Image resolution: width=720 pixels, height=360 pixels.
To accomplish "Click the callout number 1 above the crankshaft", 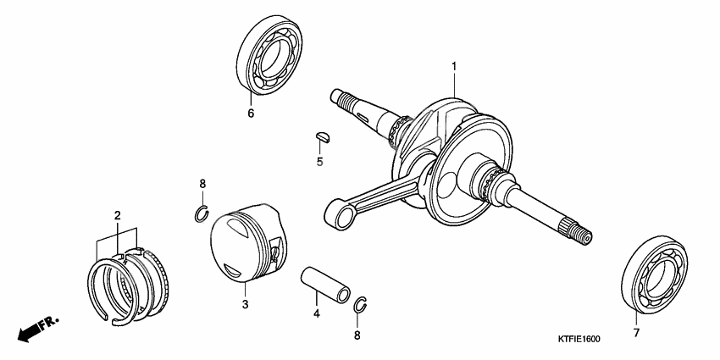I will coord(454,66).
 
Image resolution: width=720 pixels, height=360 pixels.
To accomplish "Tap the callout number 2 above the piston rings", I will coord(118,216).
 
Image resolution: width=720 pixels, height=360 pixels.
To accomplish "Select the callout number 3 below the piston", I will coord(245,304).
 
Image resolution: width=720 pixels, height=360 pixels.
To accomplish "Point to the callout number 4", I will coord(317,315).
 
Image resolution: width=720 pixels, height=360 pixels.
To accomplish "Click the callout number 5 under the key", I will coord(319,161).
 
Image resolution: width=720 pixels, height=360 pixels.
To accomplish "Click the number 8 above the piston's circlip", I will coord(202,184).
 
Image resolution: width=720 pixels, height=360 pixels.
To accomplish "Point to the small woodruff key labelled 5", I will coord(320,133).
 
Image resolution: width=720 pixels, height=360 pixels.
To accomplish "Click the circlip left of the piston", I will coord(201,213).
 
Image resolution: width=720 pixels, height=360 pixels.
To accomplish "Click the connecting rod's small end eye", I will coord(343,216).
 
